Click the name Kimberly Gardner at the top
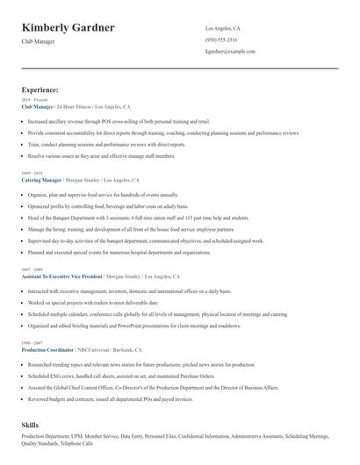point(68,28)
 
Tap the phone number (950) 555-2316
point(220,40)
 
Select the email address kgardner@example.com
point(230,52)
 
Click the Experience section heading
point(40,89)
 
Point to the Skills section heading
point(31,425)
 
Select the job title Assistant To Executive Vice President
point(63,276)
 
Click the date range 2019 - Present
point(32,101)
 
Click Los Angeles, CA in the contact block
point(222,28)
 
